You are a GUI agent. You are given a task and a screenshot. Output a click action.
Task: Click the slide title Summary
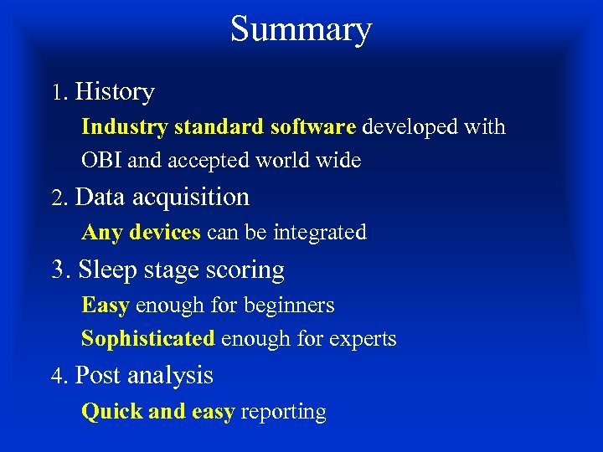pos(301,30)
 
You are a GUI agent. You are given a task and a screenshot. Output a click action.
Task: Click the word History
pos(115,91)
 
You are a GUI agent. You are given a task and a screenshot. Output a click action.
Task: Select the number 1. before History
pos(58,93)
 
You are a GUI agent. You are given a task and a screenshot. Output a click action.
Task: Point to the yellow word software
pos(313,127)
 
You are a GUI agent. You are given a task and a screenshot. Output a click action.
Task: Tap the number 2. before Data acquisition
pos(58,198)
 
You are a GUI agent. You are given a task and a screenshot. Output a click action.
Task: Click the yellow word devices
pos(165,233)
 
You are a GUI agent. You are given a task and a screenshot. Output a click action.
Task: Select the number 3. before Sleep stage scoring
pos(60,270)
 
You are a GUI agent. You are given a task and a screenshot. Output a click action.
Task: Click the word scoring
pos(249,271)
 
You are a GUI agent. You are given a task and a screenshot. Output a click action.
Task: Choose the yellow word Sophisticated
pos(148,339)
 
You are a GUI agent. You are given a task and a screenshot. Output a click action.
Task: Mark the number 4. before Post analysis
pos(58,377)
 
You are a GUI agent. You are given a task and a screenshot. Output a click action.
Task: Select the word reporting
pos(284,413)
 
